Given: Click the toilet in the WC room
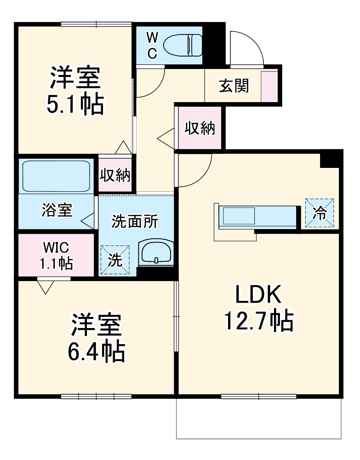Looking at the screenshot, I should click(183, 45).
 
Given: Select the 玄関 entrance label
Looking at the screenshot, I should click(234, 86).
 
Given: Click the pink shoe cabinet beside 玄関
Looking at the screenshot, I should click(269, 86).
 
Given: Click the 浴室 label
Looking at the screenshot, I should click(56, 211).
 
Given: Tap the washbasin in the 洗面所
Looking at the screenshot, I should click(156, 253).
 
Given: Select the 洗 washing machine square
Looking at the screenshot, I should click(115, 260).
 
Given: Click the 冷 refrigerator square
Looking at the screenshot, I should click(320, 213).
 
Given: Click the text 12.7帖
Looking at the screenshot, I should click(258, 322).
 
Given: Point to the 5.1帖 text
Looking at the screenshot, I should click(74, 105).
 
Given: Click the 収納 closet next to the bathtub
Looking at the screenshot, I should click(115, 175).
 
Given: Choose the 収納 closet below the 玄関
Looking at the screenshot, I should click(200, 128).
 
